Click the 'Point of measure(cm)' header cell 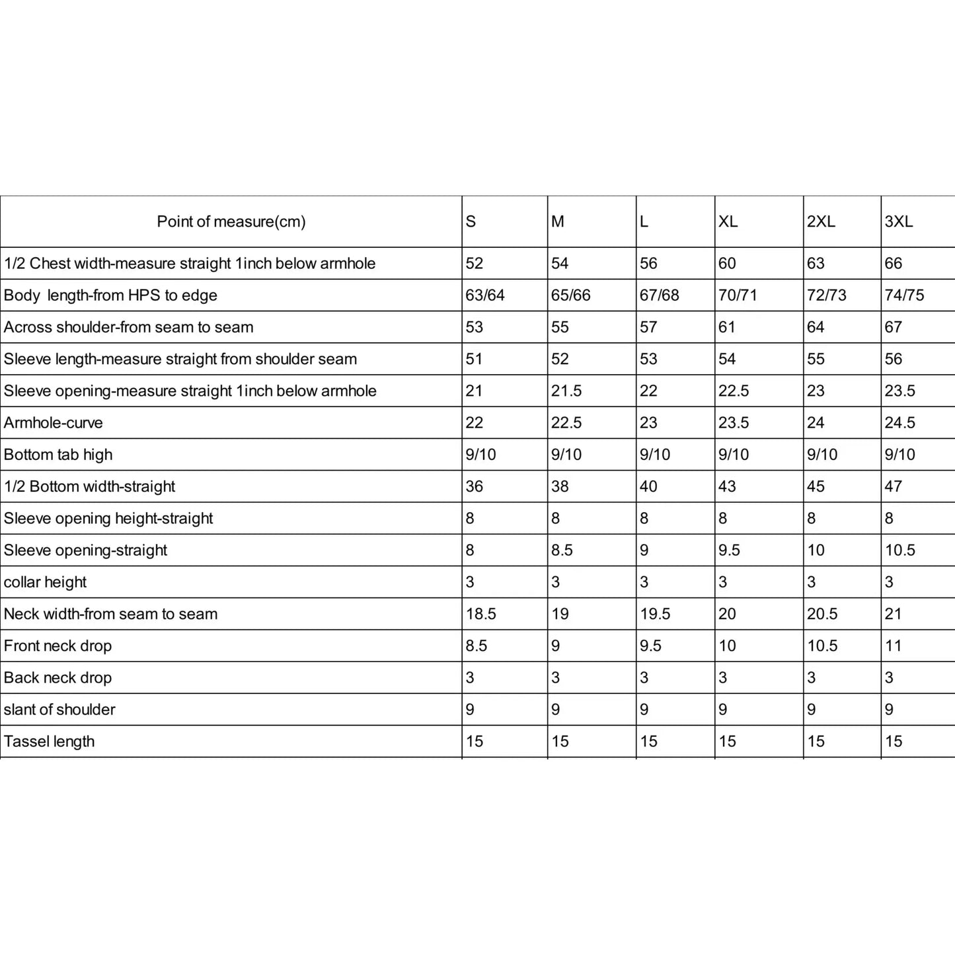click(231, 221)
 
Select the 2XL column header click(821, 221)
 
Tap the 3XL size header click(899, 221)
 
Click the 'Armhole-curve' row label click(54, 423)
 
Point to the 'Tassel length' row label click(50, 742)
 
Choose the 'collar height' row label click(46, 582)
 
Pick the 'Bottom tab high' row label click(58, 455)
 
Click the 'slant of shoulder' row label click(59, 710)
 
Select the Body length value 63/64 click(485, 295)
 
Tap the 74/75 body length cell click(904, 295)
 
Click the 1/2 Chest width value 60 click(727, 264)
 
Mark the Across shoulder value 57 click(648, 327)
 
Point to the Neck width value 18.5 click(481, 614)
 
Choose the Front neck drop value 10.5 click(822, 646)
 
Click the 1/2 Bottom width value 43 click(727, 486)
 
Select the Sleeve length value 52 click(560, 359)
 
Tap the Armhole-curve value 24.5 click(900, 423)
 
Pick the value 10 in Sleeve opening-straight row click(816, 551)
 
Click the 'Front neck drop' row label click(58, 646)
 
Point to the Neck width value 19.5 click(655, 614)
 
